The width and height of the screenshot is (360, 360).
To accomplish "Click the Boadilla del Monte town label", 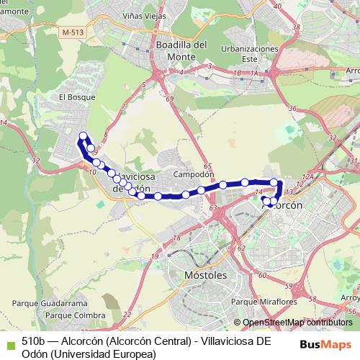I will click(181, 50).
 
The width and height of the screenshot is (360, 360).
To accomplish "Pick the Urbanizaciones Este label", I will click(250, 53).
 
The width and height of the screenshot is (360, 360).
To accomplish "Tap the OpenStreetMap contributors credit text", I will click(297, 323).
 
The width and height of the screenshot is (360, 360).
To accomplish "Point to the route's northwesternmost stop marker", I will click(83, 136).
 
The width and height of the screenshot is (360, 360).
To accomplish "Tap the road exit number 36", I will click(292, 109).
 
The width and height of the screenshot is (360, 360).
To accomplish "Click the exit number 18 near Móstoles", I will click(176, 238).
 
